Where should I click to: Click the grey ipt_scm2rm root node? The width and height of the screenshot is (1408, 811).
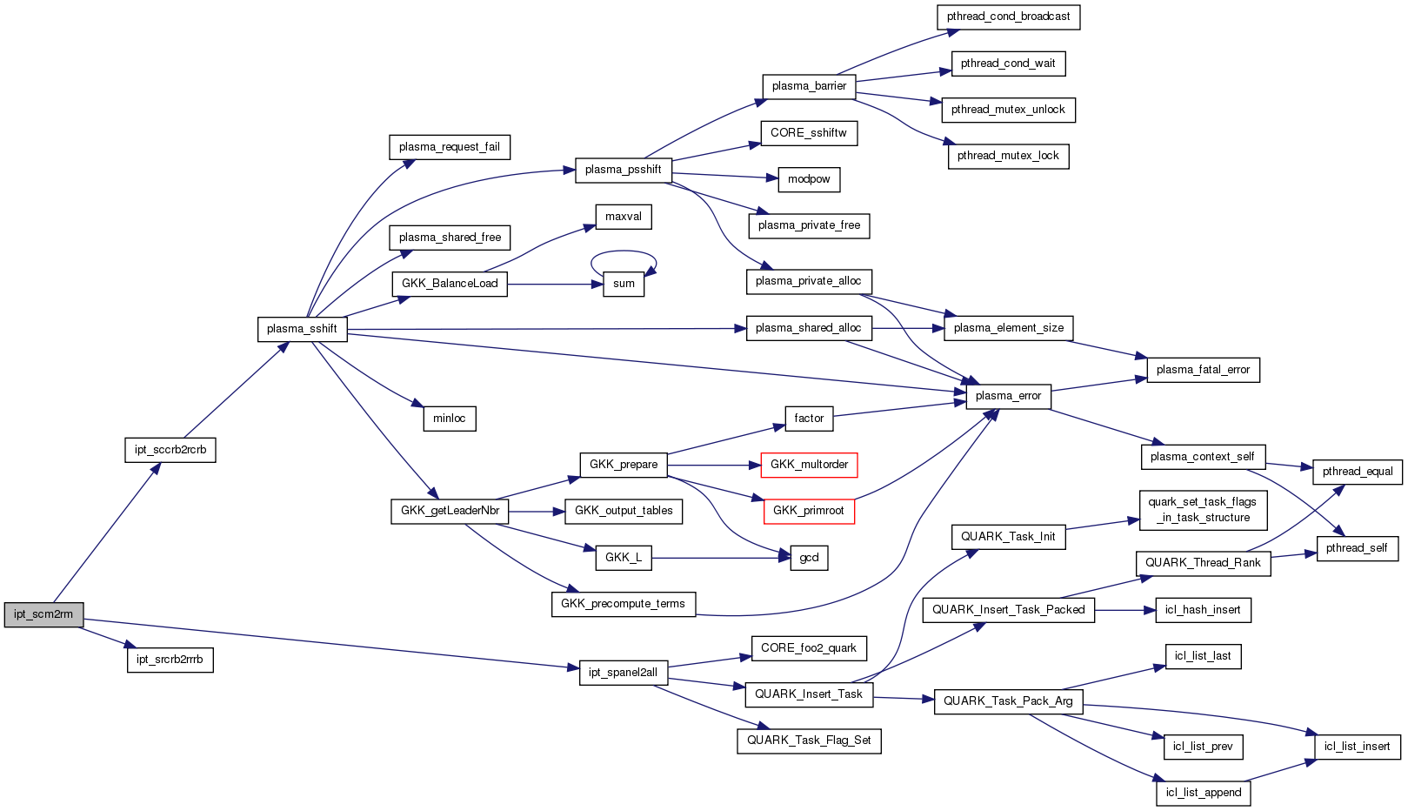tap(43, 614)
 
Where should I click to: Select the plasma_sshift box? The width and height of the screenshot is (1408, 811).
tap(302, 329)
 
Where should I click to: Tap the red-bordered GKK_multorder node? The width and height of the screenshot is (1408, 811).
tap(809, 465)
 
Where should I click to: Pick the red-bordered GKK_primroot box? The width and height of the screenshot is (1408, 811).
tap(809, 511)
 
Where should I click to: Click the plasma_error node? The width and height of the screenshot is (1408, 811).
tap(1008, 396)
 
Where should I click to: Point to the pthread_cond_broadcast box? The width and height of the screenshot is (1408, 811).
tap(1008, 17)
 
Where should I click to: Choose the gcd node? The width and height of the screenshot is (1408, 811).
tap(809, 558)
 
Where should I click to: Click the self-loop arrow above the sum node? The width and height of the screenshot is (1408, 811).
tap(624, 252)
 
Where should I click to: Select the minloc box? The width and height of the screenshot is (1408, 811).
tap(450, 419)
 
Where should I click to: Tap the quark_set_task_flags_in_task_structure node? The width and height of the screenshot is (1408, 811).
tap(1203, 510)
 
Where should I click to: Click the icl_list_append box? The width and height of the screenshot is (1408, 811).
tap(1204, 793)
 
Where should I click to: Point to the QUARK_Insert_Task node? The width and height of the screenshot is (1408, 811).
tap(809, 694)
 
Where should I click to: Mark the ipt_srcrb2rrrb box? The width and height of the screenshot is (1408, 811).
tap(170, 660)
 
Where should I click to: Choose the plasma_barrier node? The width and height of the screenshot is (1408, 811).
tap(809, 86)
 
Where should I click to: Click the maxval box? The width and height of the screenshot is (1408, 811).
tap(624, 217)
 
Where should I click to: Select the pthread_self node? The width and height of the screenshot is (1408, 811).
tap(1357, 548)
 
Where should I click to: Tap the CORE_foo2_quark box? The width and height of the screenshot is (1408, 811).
tap(809, 648)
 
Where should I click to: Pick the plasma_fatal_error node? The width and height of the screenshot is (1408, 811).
tap(1203, 370)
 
